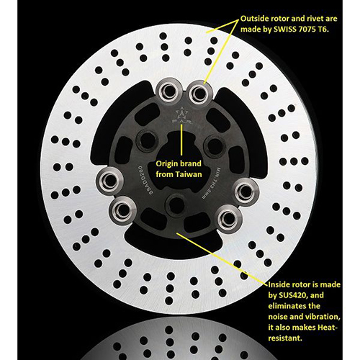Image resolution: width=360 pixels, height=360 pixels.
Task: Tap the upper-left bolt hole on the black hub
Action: [140, 140]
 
